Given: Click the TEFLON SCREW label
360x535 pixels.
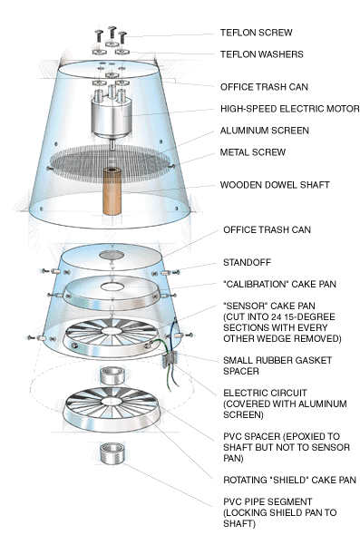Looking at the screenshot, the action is click(257, 33).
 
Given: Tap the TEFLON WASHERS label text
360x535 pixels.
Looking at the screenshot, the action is click(262, 54).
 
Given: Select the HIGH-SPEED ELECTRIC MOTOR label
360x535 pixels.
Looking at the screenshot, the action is click(289, 109).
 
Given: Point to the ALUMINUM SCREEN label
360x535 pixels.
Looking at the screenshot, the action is click(265, 131).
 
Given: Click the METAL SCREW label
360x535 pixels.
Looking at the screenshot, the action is click(253, 152).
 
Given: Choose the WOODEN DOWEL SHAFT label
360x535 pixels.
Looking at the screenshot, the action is click(275, 185).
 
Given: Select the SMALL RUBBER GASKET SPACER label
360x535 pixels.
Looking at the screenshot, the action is click(277, 365).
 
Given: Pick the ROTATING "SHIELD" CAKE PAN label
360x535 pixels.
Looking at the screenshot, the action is click(289, 480).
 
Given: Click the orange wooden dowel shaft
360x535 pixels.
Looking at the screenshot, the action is click(112, 191).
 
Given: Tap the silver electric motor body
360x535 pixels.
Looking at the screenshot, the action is click(112, 116).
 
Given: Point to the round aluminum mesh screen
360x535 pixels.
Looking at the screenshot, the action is click(111, 163).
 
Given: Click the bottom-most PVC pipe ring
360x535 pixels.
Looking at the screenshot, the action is click(112, 453).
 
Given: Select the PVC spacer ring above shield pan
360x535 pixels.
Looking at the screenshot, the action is click(112, 375).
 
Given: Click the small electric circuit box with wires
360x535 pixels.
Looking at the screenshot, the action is click(170, 360).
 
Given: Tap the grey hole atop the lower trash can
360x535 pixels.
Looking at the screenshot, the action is click(112, 255).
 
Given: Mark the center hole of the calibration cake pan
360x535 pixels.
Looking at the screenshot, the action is click(112, 286).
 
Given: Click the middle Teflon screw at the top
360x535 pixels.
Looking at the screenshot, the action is click(112, 34).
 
